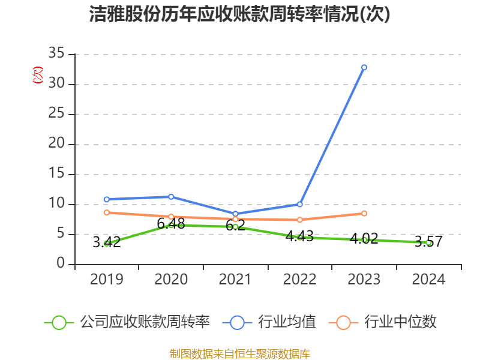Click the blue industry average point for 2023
point(364,67)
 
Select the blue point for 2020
point(171,197)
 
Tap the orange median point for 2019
point(107,212)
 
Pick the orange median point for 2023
point(364,214)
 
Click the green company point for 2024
point(428,242)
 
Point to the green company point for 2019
point(107,244)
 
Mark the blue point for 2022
point(300,204)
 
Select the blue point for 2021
point(235,214)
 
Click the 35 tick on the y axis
point(56,54)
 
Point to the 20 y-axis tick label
point(56,144)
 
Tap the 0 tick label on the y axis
point(61,264)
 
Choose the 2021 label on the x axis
point(235,280)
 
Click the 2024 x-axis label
point(428,280)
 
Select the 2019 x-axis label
point(107,280)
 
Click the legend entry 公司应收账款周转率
point(144,322)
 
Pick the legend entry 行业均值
point(287,322)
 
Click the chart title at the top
point(240,14)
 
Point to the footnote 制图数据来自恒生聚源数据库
point(240,353)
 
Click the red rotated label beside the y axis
point(38,76)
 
